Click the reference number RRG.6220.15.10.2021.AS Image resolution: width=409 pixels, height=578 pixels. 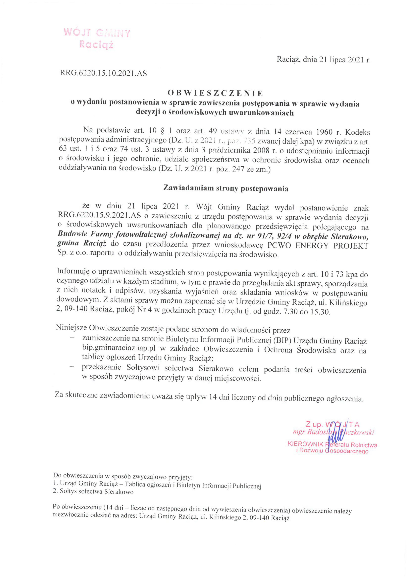pos(103,73)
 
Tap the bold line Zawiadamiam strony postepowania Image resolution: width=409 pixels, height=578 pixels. pos(226,188)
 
